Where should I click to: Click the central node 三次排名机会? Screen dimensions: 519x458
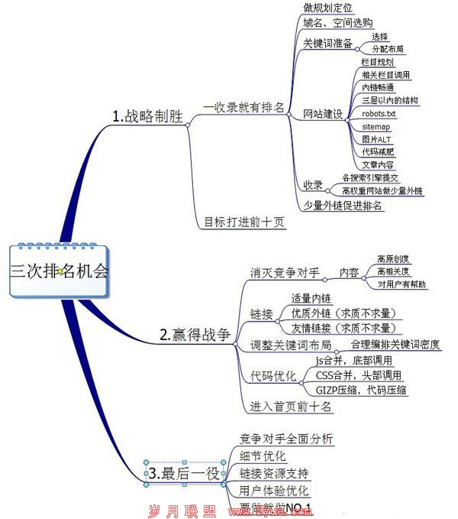pyautogui.click(x=60, y=271)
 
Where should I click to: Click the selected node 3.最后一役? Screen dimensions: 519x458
pyautogui.click(x=184, y=474)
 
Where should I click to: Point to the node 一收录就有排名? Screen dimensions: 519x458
pyautogui.click(x=244, y=108)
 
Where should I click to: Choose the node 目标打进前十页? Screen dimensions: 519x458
pyautogui.click(x=244, y=222)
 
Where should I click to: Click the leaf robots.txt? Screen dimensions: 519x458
pyautogui.click(x=379, y=113)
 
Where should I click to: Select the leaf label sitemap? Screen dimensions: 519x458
pyautogui.click(x=376, y=126)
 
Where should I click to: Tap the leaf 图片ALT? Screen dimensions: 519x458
pyautogui.click(x=376, y=139)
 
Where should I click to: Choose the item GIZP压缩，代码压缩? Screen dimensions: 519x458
pyautogui.click(x=360, y=390)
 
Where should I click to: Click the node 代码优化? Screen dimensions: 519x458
pyautogui.click(x=273, y=376)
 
